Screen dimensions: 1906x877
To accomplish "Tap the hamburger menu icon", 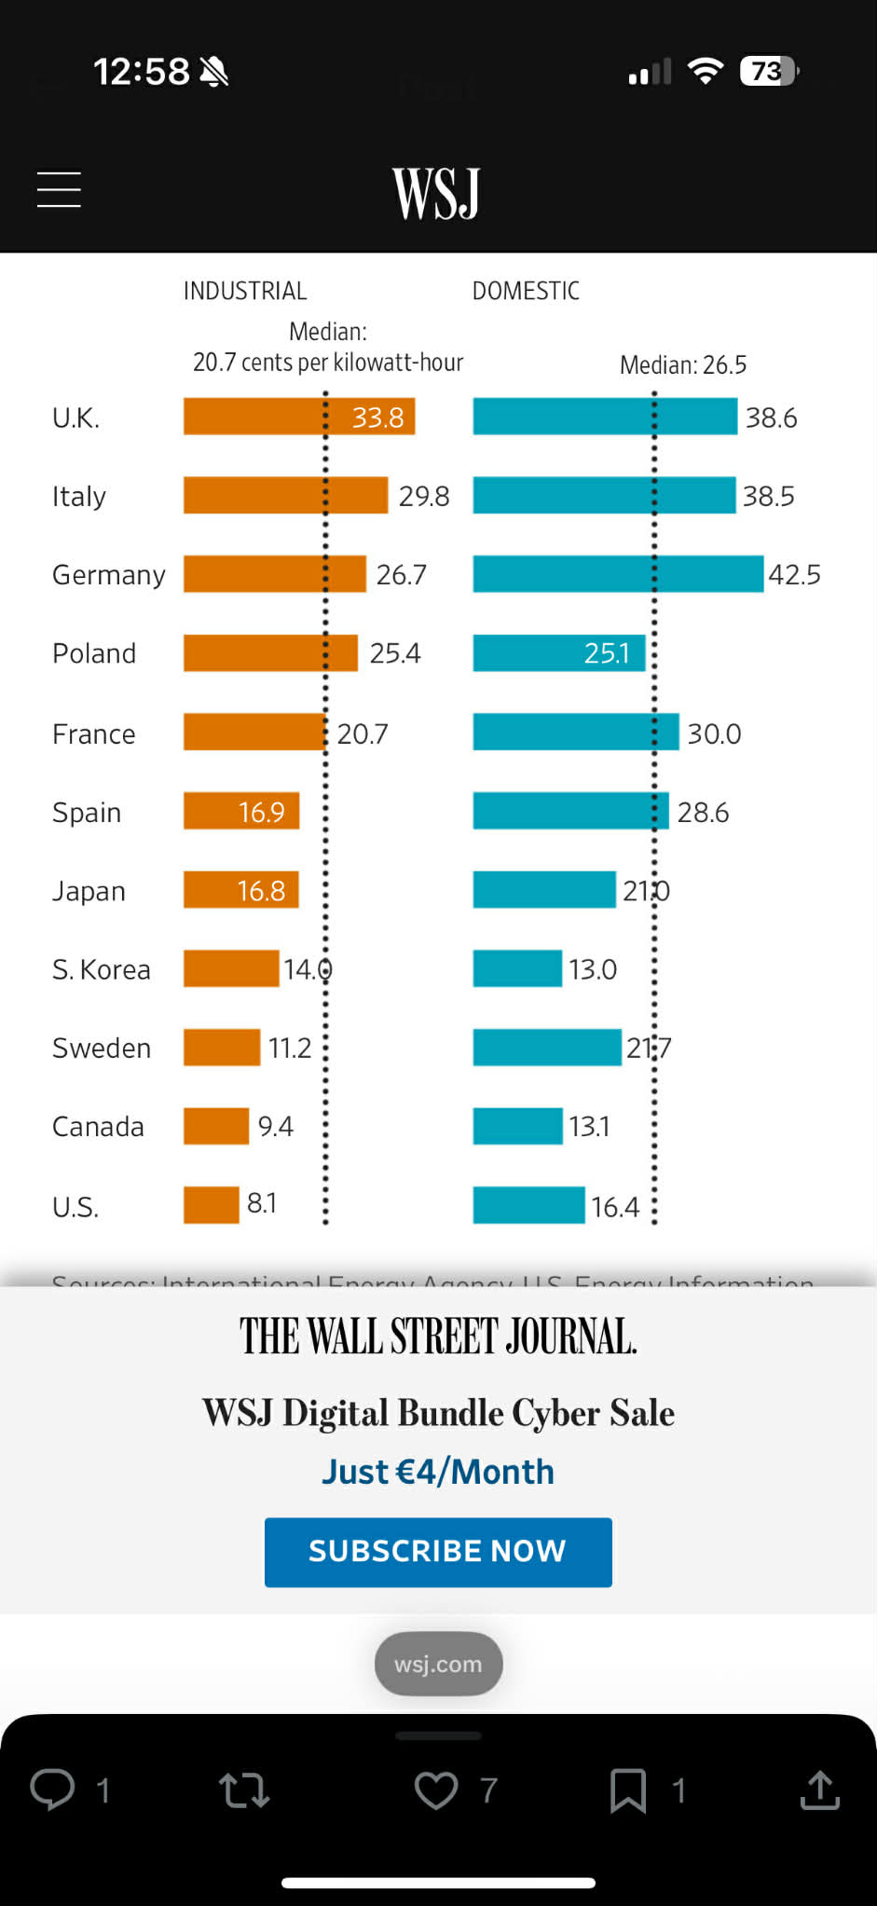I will pyautogui.click(x=59, y=189).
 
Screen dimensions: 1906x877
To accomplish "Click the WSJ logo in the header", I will pyautogui.click(x=436, y=193).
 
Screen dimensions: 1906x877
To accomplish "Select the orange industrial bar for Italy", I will pyautogui.click(x=285, y=495).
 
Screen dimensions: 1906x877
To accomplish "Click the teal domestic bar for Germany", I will pyautogui.click(x=617, y=574).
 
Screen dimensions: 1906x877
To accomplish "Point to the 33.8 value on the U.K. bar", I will pyautogui.click(x=377, y=417).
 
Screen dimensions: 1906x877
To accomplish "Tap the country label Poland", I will pyautogui.click(x=94, y=653).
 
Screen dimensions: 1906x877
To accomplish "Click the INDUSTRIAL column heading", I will pyautogui.click(x=245, y=291).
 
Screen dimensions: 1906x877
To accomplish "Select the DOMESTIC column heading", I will pyautogui.click(x=526, y=291).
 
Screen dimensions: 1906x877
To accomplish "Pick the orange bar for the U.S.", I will pyautogui.click(x=212, y=1204).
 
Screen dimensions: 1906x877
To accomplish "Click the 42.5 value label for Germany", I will pyautogui.click(x=794, y=574).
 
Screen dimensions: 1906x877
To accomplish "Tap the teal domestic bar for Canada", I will pyautogui.click(x=517, y=1126).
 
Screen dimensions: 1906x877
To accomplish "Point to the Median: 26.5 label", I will pyautogui.click(x=683, y=364).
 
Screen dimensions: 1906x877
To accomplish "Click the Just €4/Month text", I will pyautogui.click(x=438, y=1472).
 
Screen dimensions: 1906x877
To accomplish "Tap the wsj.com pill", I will pyautogui.click(x=438, y=1664).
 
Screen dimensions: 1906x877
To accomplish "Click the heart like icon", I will pyautogui.click(x=436, y=1789).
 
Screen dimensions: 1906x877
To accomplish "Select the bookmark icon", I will pyautogui.click(x=628, y=1789).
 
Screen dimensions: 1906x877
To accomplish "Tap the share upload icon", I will pyautogui.click(x=820, y=1789).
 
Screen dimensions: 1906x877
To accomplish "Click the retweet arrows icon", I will pyautogui.click(x=244, y=1790).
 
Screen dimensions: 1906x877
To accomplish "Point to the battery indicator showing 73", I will pyautogui.click(x=768, y=72).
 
